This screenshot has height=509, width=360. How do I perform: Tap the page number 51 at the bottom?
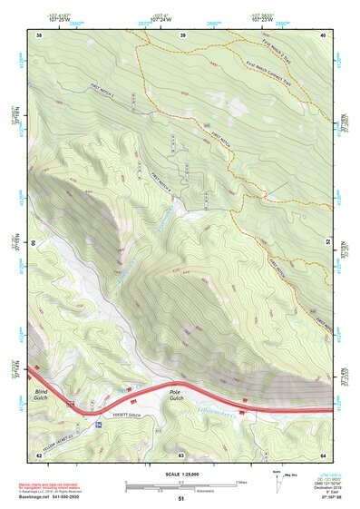181,499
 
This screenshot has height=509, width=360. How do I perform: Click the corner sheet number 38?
40,34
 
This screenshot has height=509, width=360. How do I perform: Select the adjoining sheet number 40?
324,34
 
